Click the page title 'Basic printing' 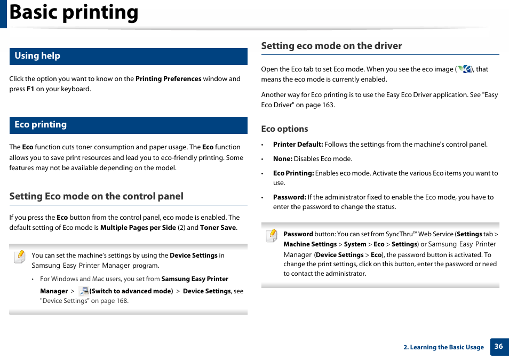pos(74,13)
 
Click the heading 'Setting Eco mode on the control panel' pos(96,196)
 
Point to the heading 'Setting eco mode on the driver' pos(331,46)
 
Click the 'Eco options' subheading pos(284,129)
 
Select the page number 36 pos(498,346)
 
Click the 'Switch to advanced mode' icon pos(83,291)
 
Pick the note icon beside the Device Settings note pos(20,257)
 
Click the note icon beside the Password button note pos(272,235)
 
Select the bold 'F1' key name pos(30,89)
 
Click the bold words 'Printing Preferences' pos(168,79)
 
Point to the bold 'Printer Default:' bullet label pos(298,145)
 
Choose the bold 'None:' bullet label pos(282,159)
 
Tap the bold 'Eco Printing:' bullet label pos(293,173)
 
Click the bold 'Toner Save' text pos(218,228)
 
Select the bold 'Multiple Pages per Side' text pos(138,228)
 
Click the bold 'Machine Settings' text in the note pos(310,244)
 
